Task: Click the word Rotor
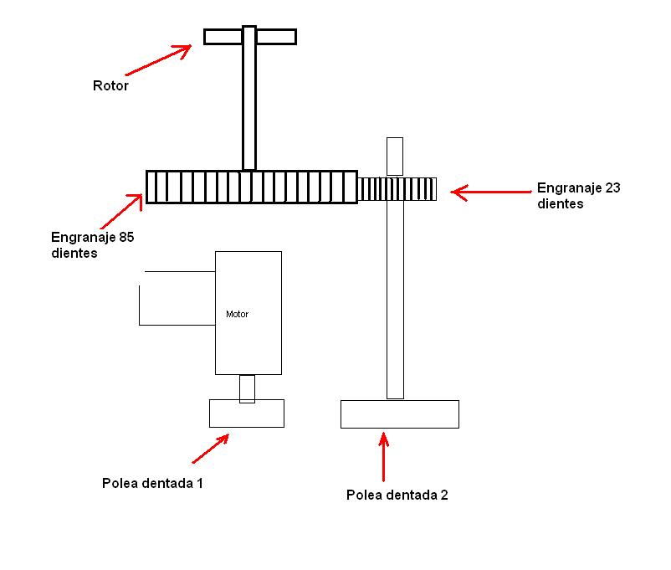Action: (x=110, y=85)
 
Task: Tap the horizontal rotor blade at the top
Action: (x=276, y=36)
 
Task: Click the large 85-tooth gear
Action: (x=251, y=187)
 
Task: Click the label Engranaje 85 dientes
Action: (x=93, y=244)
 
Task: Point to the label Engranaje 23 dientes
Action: (x=578, y=195)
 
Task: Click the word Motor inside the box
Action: (x=237, y=315)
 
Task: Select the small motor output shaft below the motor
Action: (x=247, y=388)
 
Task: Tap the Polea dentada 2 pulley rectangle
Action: (x=400, y=414)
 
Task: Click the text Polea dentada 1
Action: (x=152, y=483)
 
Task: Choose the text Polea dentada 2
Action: (x=397, y=495)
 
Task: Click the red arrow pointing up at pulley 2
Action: (x=384, y=456)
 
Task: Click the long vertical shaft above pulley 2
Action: (x=395, y=301)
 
